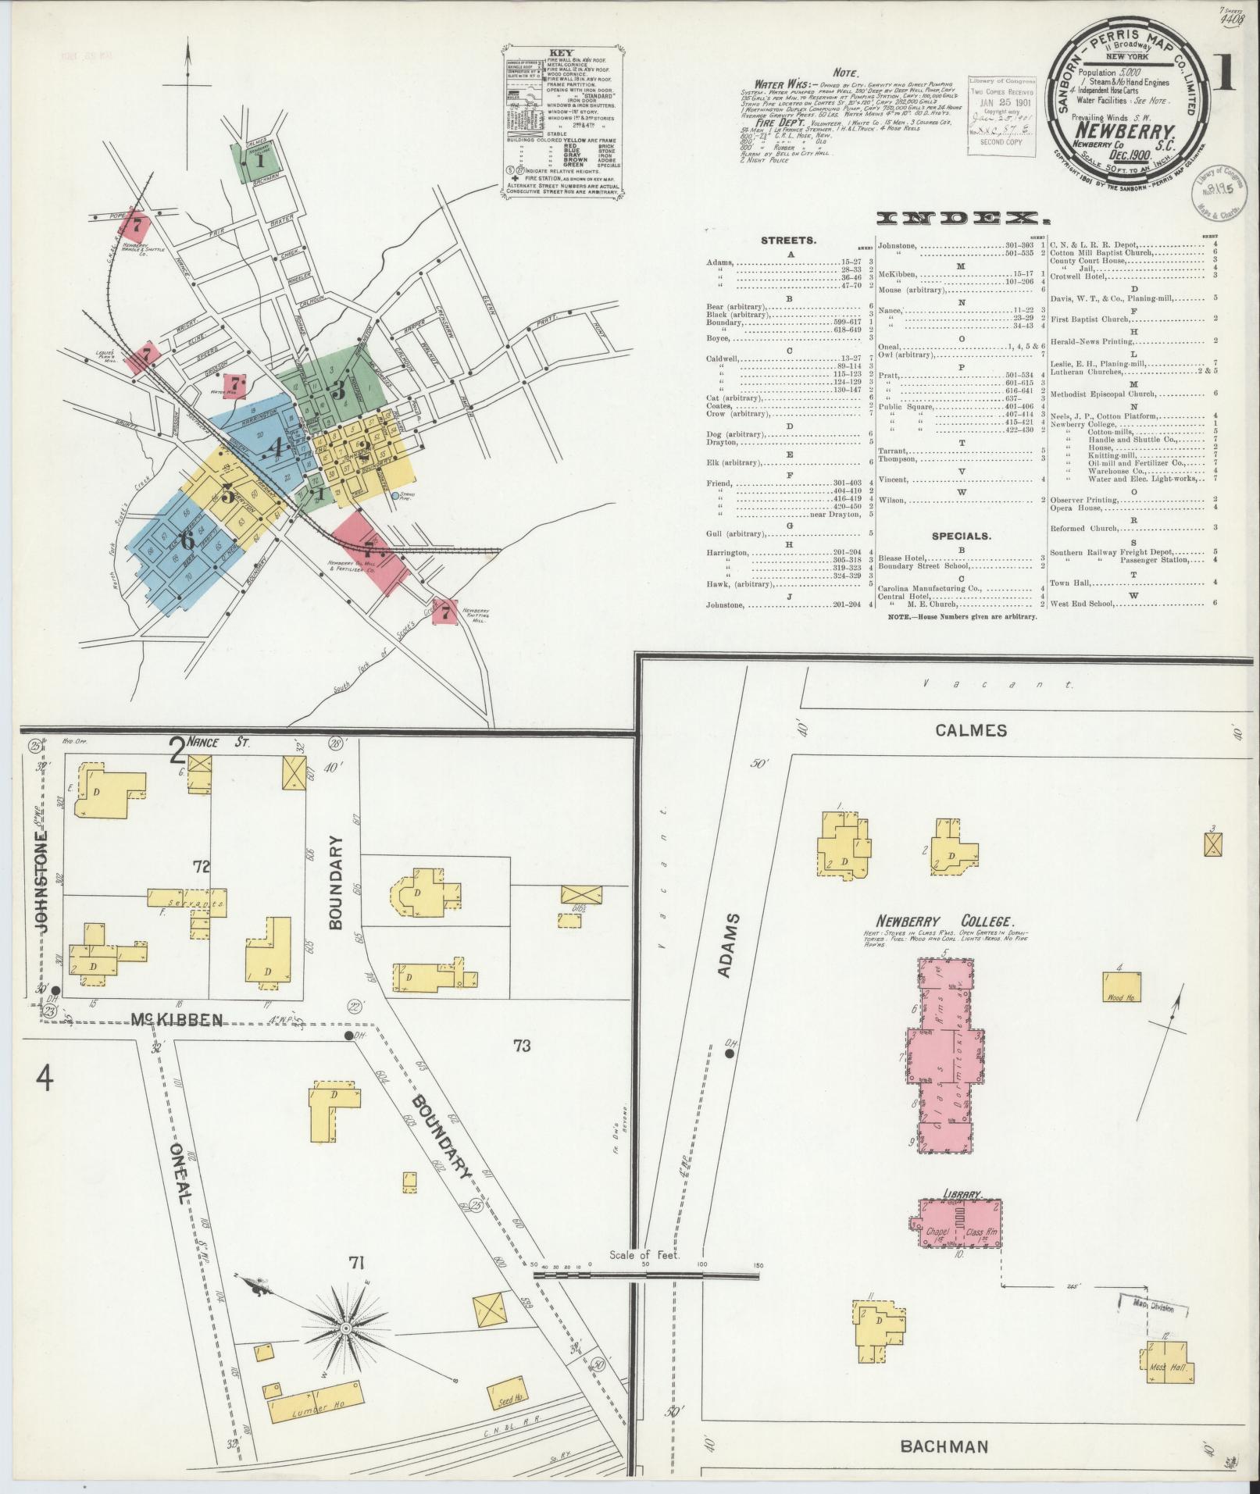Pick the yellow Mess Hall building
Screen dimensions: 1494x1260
coord(1167,1364)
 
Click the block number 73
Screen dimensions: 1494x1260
coord(521,1067)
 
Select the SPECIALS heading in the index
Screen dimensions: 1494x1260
coord(961,536)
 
